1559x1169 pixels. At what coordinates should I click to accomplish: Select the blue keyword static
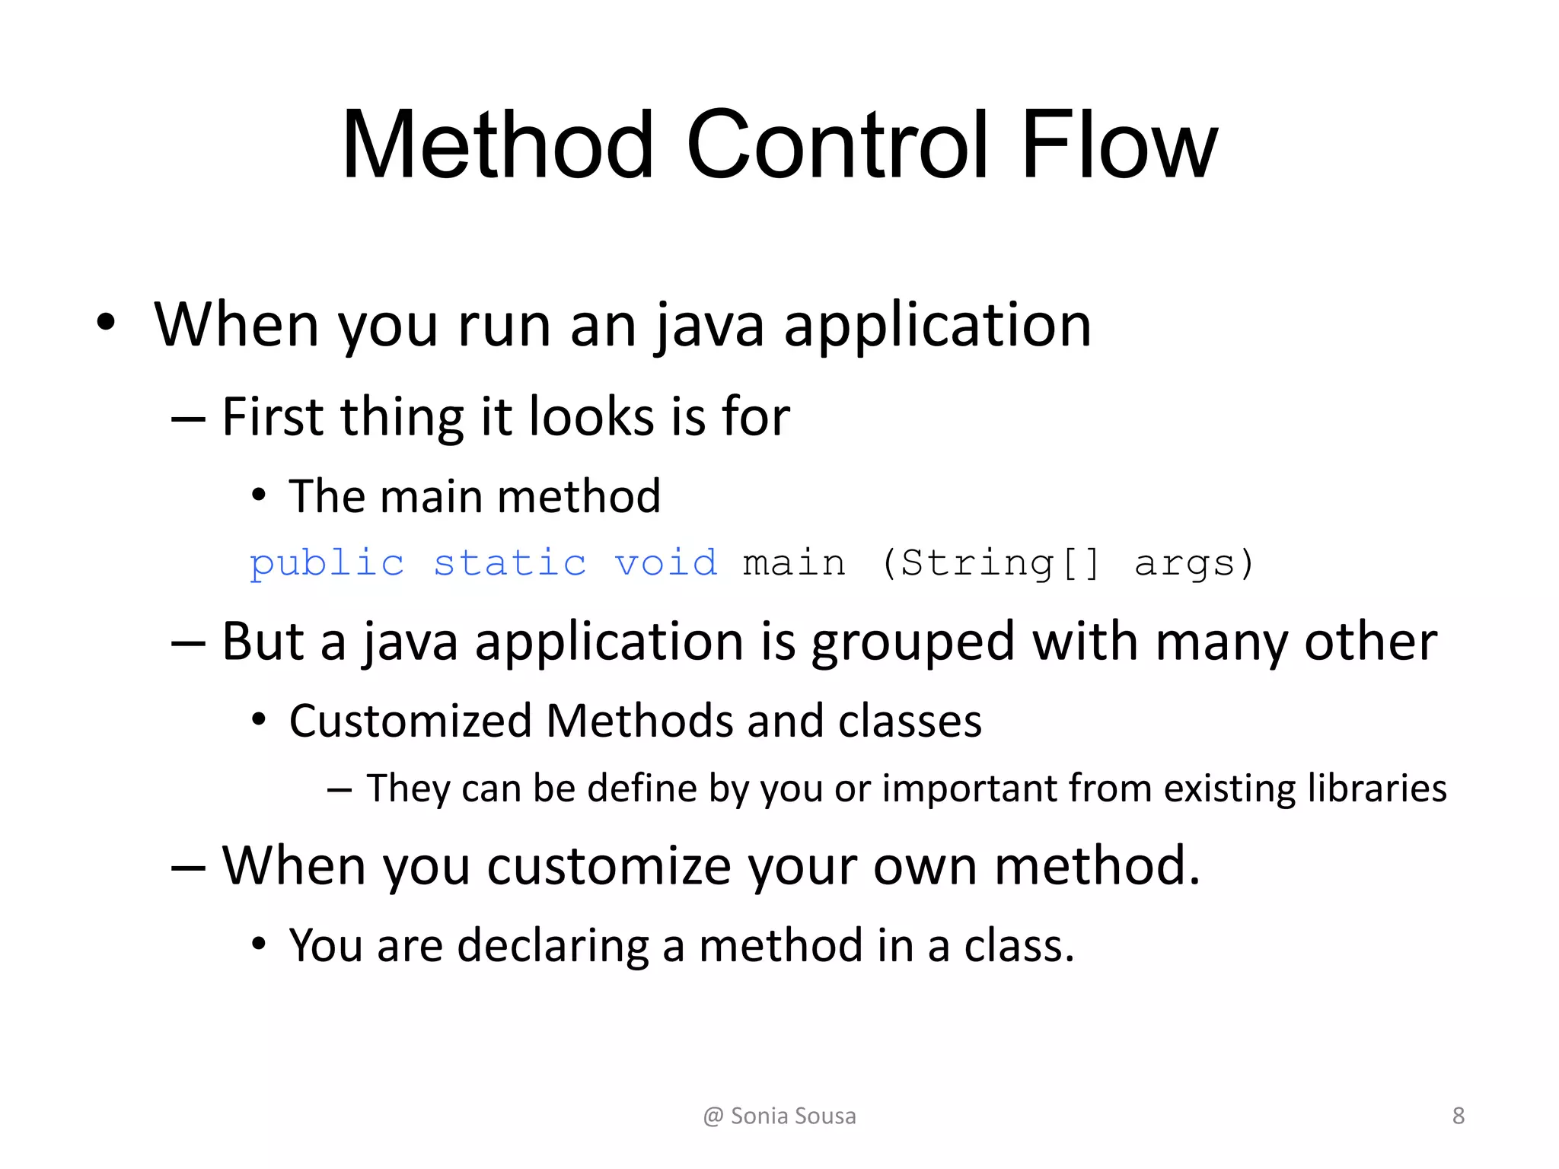tap(510, 563)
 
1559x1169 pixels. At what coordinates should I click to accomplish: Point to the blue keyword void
tap(666, 563)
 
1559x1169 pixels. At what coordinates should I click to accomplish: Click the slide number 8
tap(1458, 1116)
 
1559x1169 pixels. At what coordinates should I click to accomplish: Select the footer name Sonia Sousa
tap(793, 1116)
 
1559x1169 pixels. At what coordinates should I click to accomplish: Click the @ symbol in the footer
tap(713, 1116)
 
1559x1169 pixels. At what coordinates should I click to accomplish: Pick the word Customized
tap(410, 721)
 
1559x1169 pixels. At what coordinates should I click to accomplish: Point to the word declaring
tap(553, 946)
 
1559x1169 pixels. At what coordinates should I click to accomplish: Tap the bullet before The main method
tap(259, 495)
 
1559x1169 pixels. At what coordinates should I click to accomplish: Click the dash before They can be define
tap(339, 789)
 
